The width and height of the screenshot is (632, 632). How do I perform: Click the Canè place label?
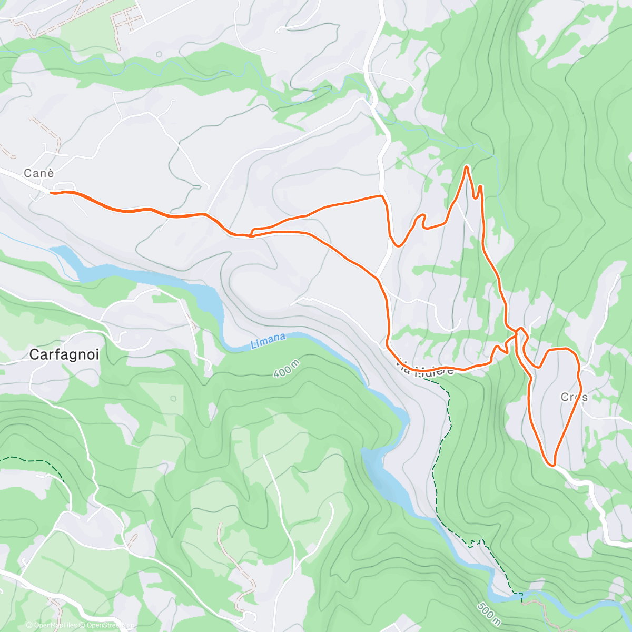[x=39, y=173]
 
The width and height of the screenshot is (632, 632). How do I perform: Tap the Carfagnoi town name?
[x=64, y=355]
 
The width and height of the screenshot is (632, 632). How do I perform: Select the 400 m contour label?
[x=287, y=368]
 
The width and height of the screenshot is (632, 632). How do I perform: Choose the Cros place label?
[x=574, y=397]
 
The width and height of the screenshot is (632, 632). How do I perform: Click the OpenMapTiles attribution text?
[x=55, y=626]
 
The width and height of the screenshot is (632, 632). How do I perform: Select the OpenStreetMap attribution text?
[x=111, y=626]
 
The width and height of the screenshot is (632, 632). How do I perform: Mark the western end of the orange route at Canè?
[x=51, y=193]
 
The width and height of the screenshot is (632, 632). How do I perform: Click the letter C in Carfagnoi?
[x=34, y=355]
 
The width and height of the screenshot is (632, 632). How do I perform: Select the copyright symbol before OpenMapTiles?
[x=29, y=626]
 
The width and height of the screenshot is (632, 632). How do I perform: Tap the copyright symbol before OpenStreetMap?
[x=83, y=626]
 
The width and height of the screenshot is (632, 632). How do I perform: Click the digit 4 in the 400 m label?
[x=277, y=374]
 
